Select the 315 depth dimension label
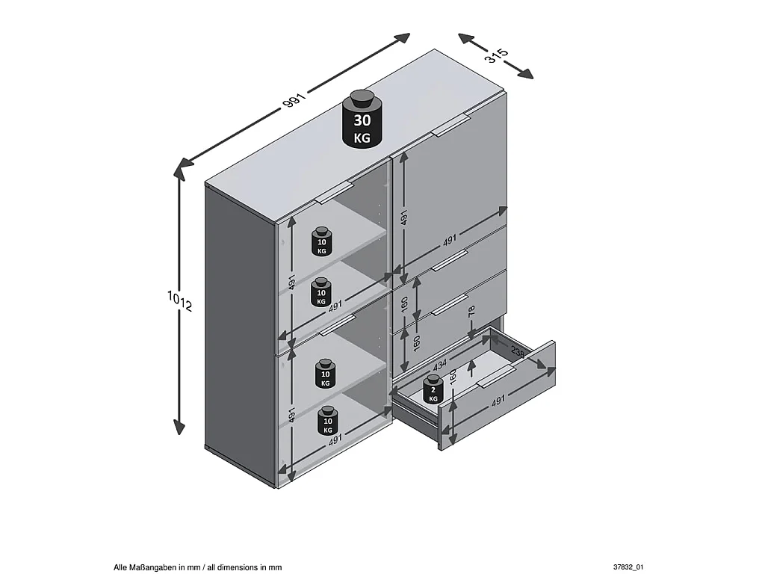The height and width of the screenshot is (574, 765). pyautogui.click(x=496, y=55)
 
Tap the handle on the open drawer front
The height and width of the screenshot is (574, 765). pyautogui.click(x=496, y=377)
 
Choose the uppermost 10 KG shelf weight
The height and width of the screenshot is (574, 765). pyautogui.click(x=321, y=241)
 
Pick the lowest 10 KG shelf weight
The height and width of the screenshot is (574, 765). pyautogui.click(x=327, y=421)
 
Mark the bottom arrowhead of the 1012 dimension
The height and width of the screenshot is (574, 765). pyautogui.click(x=179, y=427)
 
